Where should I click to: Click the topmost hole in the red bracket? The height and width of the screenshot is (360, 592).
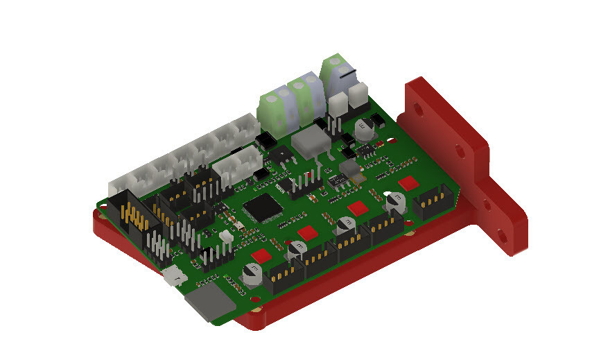419,110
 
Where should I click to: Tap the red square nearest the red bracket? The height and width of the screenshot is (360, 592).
409,182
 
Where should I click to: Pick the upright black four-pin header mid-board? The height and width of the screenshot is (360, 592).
304,183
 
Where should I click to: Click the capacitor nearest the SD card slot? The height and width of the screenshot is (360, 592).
250,273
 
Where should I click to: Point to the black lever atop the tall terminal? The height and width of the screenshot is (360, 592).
347,71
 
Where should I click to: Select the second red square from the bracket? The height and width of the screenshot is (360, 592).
359,207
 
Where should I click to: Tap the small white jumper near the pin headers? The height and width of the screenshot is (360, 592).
225,237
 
